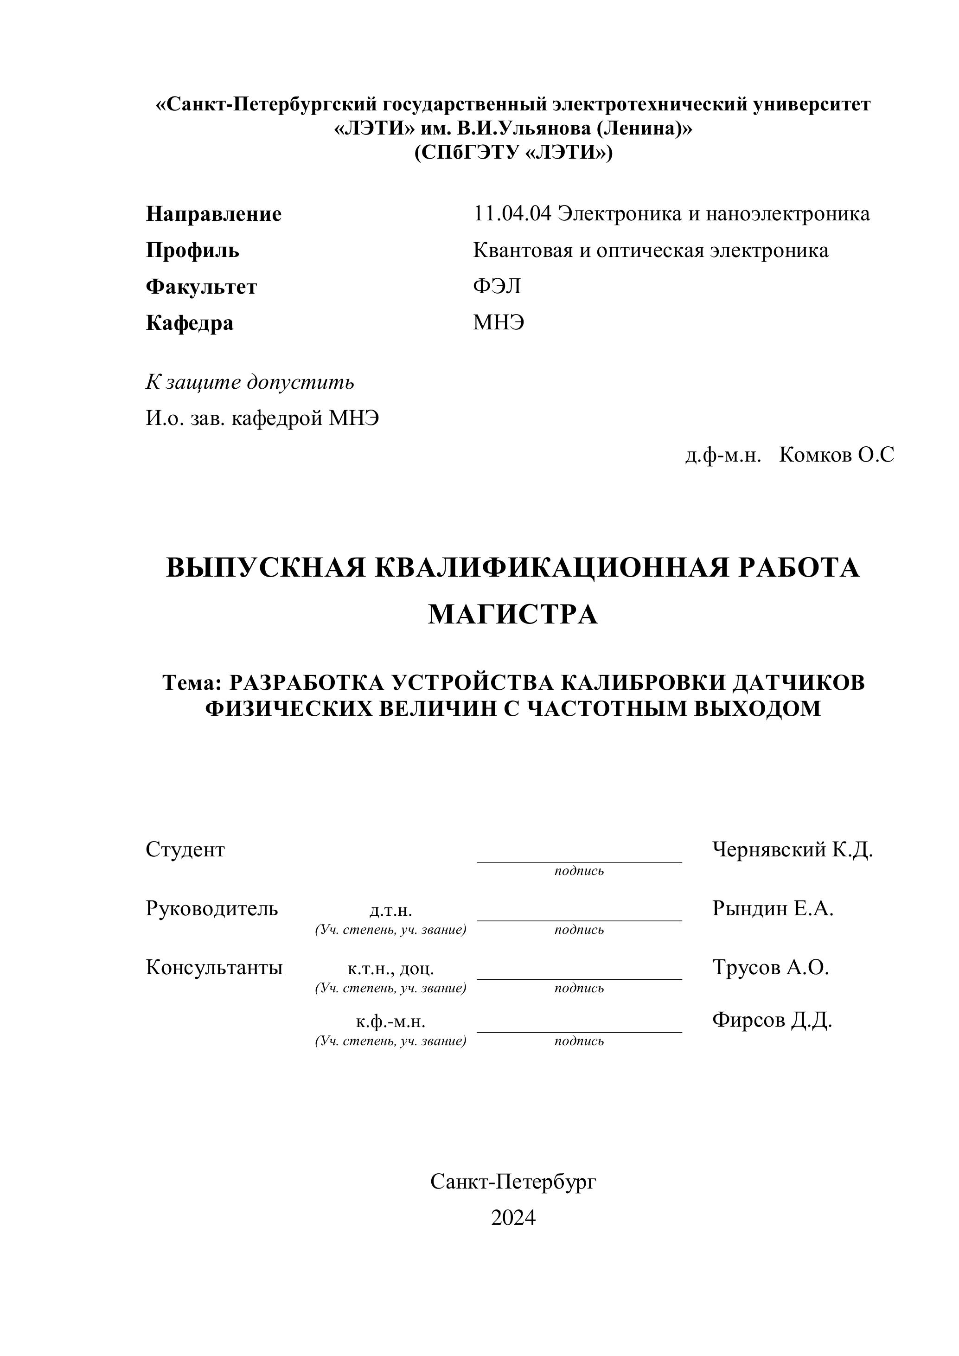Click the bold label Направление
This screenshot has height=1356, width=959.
pos(213,214)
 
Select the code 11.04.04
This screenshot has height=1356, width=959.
pos(512,214)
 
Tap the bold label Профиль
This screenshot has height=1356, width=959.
pos(192,251)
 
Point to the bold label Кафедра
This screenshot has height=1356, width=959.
pos(190,323)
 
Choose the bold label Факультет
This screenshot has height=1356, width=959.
pos(201,287)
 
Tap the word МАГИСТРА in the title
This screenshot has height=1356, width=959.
pos(512,615)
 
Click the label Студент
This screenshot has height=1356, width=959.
pos(185,850)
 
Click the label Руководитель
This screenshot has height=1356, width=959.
pos(211,908)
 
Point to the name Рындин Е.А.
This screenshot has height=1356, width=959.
pos(773,908)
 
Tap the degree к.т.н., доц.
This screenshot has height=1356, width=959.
pos(390,969)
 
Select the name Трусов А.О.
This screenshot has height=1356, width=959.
pos(771,967)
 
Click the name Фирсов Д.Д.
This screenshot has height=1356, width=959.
pos(772,1020)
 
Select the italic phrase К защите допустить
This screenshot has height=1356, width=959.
pos(250,383)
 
